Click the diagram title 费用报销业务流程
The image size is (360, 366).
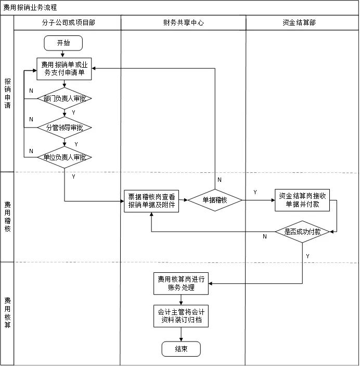pyautogui.click(x=30, y=8)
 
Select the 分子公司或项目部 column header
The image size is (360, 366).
pyautogui.click(x=68, y=23)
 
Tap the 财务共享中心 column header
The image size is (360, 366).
pyautogui.click(x=183, y=23)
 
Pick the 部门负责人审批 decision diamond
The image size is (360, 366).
pyautogui.click(x=65, y=98)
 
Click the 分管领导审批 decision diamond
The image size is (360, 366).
pyautogui.click(x=65, y=128)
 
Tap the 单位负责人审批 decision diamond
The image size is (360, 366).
pyautogui.click(x=65, y=157)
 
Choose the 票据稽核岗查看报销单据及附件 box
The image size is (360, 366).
pyautogui.click(x=151, y=201)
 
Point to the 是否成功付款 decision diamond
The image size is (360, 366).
pyautogui.click(x=302, y=232)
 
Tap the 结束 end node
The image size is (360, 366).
pyautogui.click(x=181, y=349)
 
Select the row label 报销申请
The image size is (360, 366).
pyautogui.click(x=7, y=94)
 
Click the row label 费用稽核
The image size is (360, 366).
pyautogui.click(x=7, y=216)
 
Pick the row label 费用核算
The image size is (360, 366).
pyautogui.click(x=7, y=312)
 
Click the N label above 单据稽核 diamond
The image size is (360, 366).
pyautogui.click(x=219, y=180)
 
